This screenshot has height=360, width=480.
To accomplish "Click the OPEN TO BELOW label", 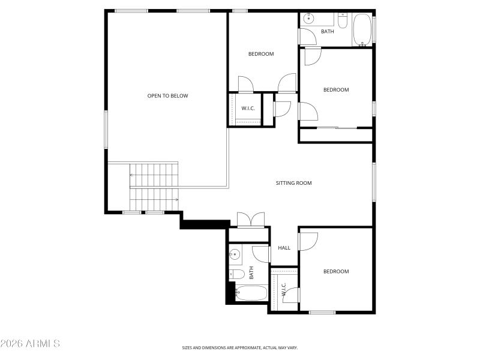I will tap(168, 95).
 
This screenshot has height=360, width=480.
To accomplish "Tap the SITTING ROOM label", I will tap(293, 183).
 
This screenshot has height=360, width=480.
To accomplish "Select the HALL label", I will tap(284, 248).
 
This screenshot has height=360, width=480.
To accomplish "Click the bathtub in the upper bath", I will tap(362, 29).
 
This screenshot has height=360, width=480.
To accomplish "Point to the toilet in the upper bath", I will tap(342, 22).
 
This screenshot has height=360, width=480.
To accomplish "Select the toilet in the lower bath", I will tap(237, 275).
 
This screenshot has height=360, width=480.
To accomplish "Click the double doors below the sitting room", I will tap(251, 220).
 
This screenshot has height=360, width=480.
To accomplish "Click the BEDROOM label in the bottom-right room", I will tap(335, 271).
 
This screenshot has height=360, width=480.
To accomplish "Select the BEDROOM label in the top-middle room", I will tap(261, 54).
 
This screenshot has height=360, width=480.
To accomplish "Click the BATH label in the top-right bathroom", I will tap(327, 32).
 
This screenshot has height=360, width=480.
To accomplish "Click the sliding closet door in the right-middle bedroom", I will tap(337, 128).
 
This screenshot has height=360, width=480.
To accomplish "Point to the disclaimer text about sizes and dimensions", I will tap(240, 347).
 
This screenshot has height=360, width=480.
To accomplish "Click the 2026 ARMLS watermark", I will tap(30, 344).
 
